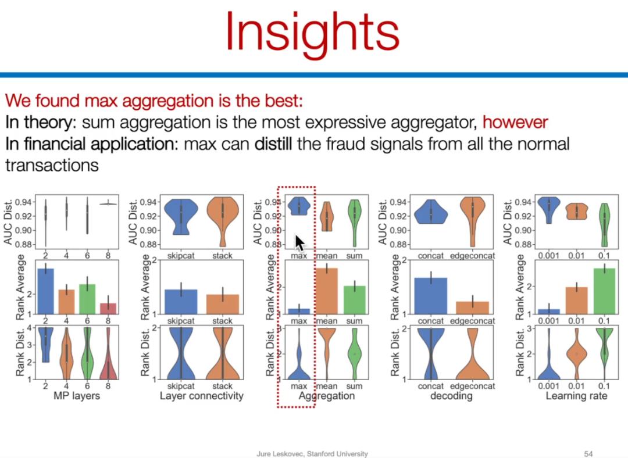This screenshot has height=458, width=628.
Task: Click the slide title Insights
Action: [x=313, y=33]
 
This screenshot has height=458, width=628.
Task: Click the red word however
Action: [x=515, y=122]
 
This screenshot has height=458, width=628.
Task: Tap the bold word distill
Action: [x=273, y=144]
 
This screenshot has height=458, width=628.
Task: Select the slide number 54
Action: [x=588, y=453]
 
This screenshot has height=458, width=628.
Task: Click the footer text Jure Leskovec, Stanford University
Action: [x=312, y=453]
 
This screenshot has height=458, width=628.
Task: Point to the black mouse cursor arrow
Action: [x=300, y=243]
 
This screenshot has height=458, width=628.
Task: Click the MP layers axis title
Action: [x=77, y=396]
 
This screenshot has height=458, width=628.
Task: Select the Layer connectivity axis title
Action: [x=201, y=396]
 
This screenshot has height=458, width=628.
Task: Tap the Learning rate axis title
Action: [x=576, y=396]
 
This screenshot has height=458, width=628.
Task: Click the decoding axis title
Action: [x=451, y=396]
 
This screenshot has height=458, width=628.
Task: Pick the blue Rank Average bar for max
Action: [x=299, y=311]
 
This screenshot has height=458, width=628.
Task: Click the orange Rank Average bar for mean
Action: [x=327, y=291]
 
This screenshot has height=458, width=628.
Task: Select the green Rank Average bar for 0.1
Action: [x=604, y=291]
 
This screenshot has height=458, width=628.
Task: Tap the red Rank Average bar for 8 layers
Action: [x=108, y=309]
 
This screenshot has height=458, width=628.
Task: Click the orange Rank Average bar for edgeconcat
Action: [x=473, y=307]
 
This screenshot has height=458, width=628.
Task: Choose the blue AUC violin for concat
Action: [x=431, y=212]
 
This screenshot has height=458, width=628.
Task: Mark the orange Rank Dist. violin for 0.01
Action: [x=577, y=353]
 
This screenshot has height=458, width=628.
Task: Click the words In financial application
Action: [x=91, y=144]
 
